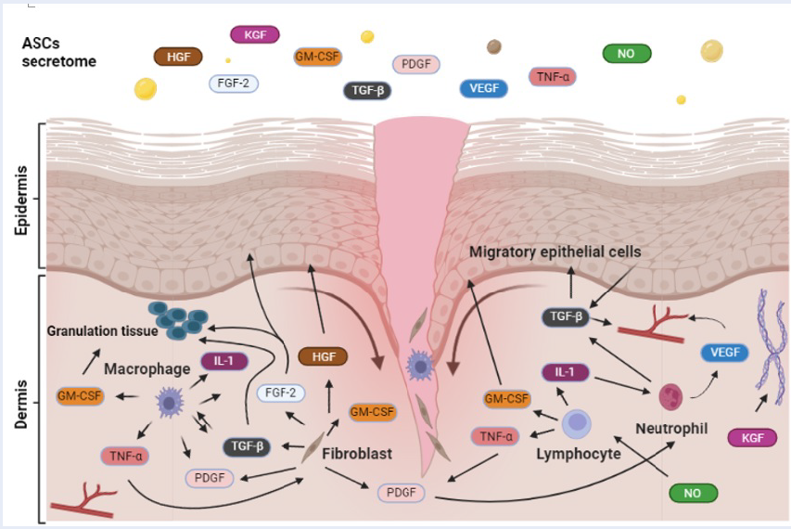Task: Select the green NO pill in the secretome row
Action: (x=626, y=54)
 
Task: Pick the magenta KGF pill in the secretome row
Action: (x=254, y=35)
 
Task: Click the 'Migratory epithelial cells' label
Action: (x=555, y=252)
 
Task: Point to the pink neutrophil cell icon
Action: (x=671, y=397)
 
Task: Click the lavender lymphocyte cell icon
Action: (x=578, y=424)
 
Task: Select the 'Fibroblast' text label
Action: (x=358, y=455)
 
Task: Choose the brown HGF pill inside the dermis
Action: (x=323, y=356)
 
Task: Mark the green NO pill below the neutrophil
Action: (x=692, y=493)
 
